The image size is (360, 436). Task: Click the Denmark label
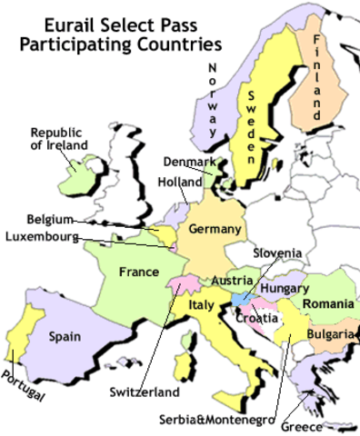(189, 163)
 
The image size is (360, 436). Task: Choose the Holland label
(179, 182)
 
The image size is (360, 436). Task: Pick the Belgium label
(47, 220)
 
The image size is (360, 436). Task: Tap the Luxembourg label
(43, 238)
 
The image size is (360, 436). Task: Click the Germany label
(215, 229)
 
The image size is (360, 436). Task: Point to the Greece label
(327, 423)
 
